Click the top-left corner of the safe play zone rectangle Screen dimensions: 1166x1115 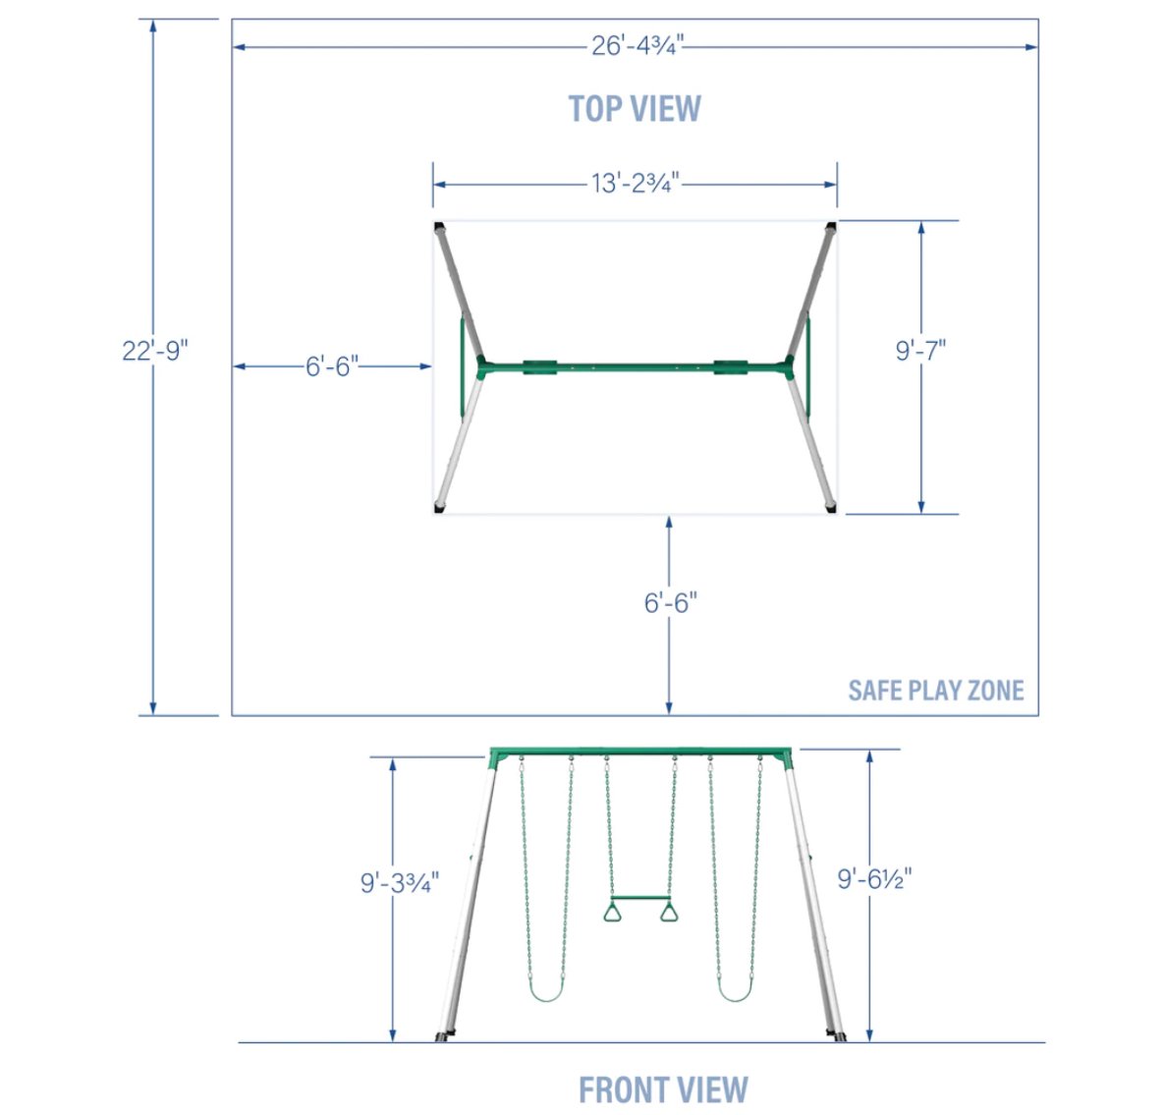tap(232, 20)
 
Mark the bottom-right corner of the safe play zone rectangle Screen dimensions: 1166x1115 tap(1038, 715)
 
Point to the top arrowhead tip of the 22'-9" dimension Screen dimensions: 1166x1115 tap(153, 20)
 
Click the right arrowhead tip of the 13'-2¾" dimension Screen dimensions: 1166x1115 tap(837, 184)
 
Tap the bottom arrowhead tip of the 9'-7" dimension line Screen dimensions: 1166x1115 tap(921, 513)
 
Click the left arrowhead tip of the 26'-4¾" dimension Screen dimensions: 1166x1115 tap(234, 47)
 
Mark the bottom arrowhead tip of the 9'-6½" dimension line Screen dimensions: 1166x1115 tap(869, 1041)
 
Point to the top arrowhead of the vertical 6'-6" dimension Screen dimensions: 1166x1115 tap(669, 516)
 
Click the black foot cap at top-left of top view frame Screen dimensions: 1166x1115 tap(439, 226)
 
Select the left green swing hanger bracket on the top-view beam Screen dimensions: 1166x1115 tap(540, 366)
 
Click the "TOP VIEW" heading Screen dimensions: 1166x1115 tap(635, 109)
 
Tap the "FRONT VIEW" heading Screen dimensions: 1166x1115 tap(663, 1089)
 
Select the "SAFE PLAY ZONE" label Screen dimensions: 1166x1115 tap(936, 691)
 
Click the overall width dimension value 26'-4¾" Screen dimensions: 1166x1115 tap(638, 46)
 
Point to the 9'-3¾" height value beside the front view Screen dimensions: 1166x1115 tap(400, 883)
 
